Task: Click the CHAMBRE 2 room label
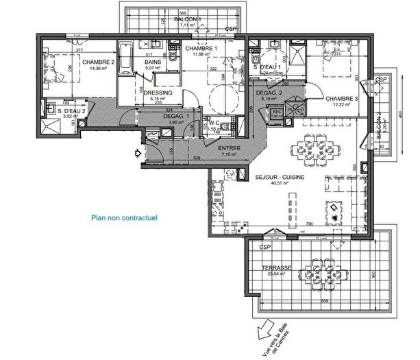[x=99, y=62]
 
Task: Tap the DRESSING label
[x=158, y=93]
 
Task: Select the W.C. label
[x=212, y=123]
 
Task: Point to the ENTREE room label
[x=229, y=148]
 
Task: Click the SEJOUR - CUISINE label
[x=280, y=176]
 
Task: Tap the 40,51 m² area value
[x=280, y=183]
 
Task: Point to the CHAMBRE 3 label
[x=341, y=97]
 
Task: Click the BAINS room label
[x=153, y=62]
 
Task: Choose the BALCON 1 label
[x=186, y=19]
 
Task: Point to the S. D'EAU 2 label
[x=71, y=110]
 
